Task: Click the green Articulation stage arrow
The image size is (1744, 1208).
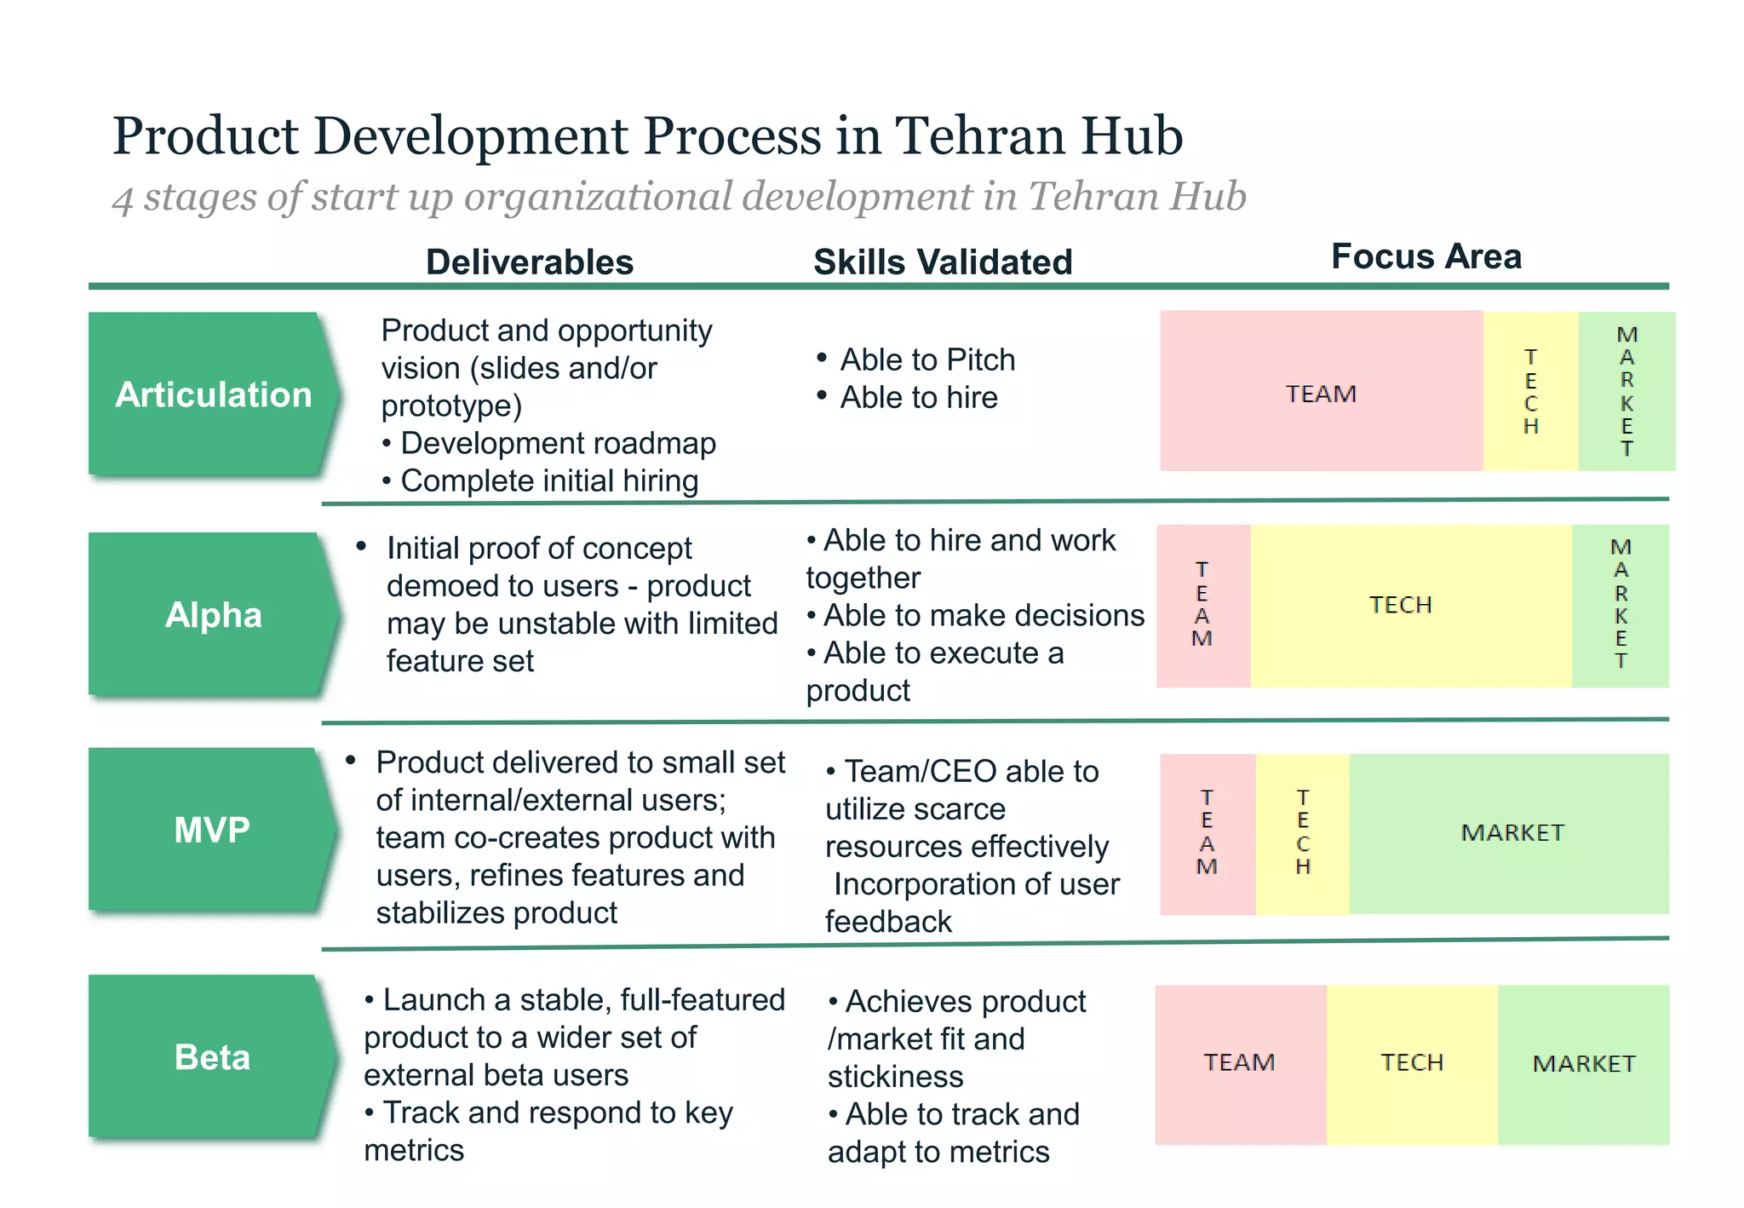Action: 213,394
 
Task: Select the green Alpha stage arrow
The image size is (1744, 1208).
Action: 213,614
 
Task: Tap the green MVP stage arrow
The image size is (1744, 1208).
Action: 213,830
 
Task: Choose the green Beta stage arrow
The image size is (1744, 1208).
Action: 213,1057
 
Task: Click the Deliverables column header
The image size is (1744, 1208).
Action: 530,262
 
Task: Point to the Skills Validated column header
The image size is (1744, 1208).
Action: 943,262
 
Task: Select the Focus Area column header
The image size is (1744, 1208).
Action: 1426,256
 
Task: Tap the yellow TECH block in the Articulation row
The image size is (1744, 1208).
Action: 1530,392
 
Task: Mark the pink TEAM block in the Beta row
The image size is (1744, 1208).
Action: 1240,1063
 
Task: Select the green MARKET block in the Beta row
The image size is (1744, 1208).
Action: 1584,1063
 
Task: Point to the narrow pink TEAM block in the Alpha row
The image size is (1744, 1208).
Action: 1202,605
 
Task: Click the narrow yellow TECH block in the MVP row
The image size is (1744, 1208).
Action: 1302,833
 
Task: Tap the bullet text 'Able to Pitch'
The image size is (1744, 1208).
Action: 927,360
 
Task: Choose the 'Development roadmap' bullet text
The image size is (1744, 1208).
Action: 558,444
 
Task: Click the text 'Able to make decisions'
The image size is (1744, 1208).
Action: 984,615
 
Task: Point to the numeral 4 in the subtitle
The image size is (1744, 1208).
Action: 123,199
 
